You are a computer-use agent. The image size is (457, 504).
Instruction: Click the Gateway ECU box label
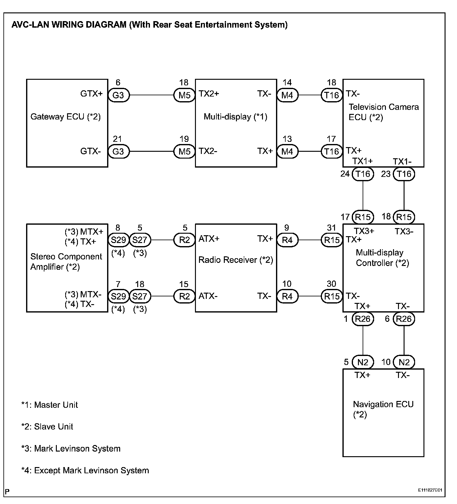(66, 117)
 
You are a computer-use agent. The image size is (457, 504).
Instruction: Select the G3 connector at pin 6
(118, 95)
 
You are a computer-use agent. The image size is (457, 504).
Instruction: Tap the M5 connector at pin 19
(184, 151)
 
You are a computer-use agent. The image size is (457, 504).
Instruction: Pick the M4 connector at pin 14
(287, 95)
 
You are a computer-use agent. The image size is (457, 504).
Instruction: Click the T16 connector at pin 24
(363, 174)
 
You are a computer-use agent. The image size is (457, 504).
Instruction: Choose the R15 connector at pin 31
(332, 240)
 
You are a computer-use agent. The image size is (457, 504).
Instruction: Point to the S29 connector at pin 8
(118, 240)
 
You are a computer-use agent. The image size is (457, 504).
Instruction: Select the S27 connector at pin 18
(140, 296)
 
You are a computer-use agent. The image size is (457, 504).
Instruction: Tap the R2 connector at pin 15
(184, 296)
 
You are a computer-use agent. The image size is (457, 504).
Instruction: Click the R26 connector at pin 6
(404, 319)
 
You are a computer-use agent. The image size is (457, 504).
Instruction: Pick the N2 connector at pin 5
(363, 362)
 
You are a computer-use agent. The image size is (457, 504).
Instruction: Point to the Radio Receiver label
(236, 260)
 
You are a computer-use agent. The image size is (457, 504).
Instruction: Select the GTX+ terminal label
(92, 94)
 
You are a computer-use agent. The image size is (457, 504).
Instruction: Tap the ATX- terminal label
(208, 296)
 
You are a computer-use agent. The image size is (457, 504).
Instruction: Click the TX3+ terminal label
(364, 231)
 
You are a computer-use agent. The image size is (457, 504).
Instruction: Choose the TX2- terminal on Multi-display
(208, 151)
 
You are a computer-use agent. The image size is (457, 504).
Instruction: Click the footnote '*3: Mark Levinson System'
(71, 448)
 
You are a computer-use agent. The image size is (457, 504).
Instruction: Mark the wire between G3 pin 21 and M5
(151, 151)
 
